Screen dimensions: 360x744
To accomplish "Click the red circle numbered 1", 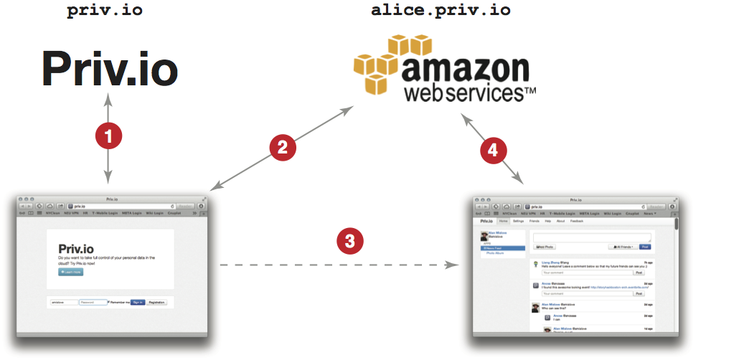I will point(108,136).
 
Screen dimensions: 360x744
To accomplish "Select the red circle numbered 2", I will point(282,147).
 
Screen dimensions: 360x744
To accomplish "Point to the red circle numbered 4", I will point(493,150).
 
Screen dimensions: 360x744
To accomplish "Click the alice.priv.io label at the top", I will point(441,11).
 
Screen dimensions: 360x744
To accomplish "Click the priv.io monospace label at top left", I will point(104,11).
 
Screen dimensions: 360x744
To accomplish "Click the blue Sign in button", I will point(137,302).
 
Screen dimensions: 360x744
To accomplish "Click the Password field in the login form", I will point(93,302).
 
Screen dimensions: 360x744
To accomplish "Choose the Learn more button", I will point(70,272).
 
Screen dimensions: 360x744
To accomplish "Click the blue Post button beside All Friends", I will point(644,246).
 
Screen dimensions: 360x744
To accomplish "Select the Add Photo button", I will point(545,246).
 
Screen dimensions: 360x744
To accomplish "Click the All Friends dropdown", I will point(622,246).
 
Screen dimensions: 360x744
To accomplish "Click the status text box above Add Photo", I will point(592,237).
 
